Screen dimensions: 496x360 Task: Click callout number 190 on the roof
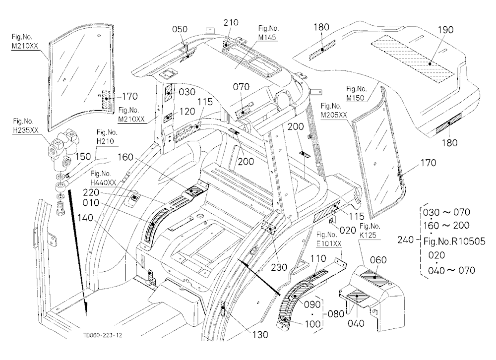445,30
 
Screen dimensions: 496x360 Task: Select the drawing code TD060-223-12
103,335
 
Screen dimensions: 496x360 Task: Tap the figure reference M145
267,38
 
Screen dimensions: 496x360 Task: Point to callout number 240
406,240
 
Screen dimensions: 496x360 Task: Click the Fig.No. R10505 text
454,241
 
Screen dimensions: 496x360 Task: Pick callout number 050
180,29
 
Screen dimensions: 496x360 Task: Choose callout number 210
231,23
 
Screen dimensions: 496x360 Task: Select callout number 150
83,157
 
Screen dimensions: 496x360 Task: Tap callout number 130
260,334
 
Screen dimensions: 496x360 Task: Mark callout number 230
279,267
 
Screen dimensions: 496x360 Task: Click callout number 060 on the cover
378,260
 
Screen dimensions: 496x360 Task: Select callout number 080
336,314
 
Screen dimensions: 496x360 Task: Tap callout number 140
85,218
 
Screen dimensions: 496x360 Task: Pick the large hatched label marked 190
413,59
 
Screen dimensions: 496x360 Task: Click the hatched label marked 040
357,297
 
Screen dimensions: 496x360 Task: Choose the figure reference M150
355,98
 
